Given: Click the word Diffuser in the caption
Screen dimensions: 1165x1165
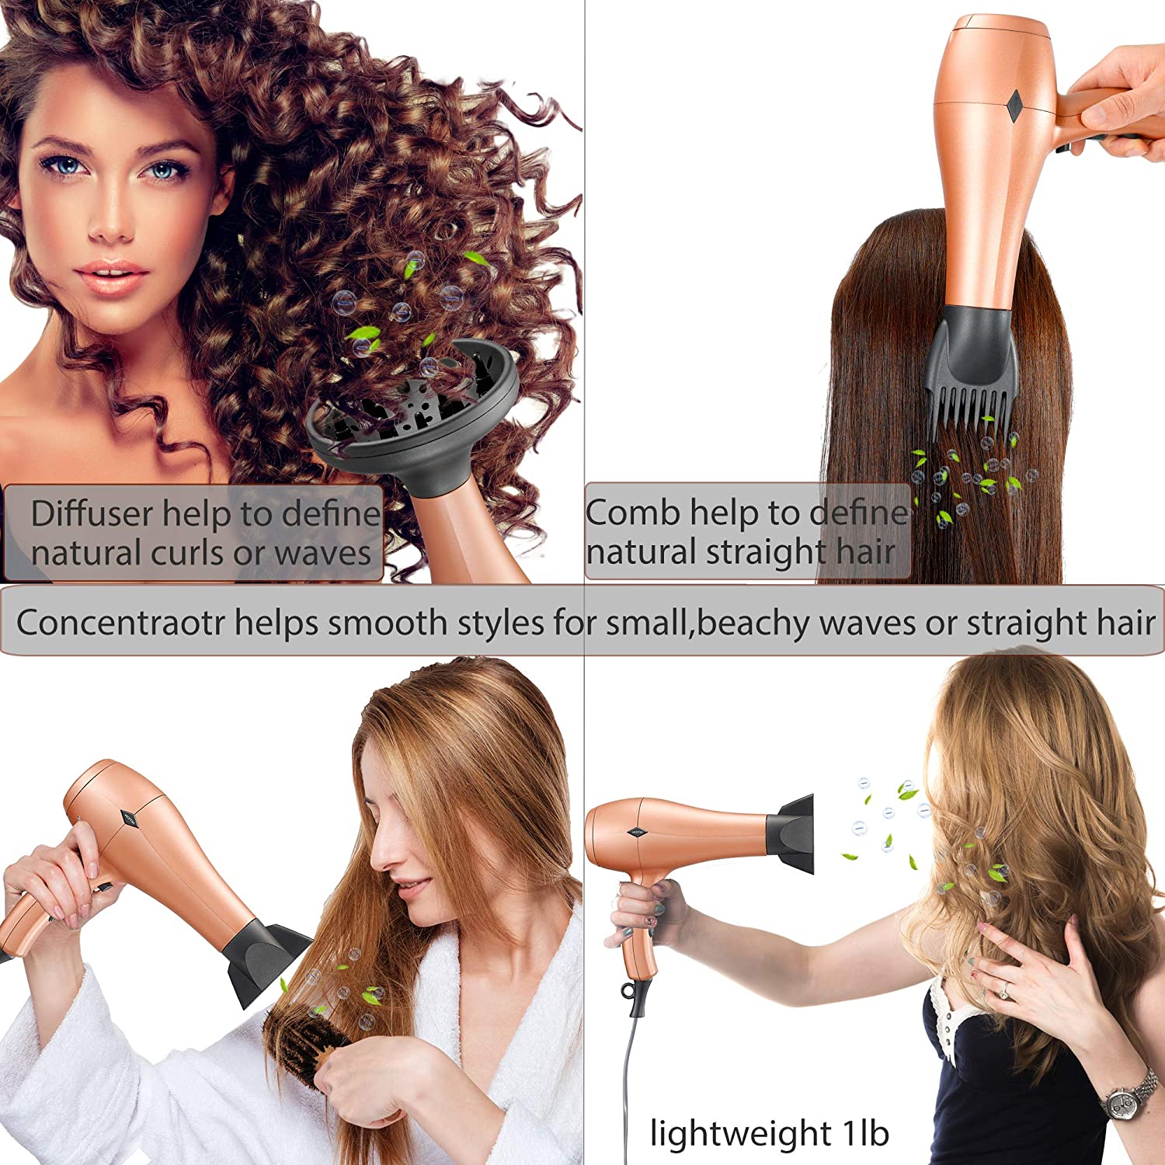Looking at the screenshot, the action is (x=92, y=513).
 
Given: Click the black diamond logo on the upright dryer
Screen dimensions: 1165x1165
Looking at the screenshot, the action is (x=1014, y=107).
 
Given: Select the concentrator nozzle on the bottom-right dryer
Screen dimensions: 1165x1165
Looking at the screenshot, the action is (x=791, y=833).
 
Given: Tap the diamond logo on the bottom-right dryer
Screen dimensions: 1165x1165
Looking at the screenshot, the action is (x=637, y=832).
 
